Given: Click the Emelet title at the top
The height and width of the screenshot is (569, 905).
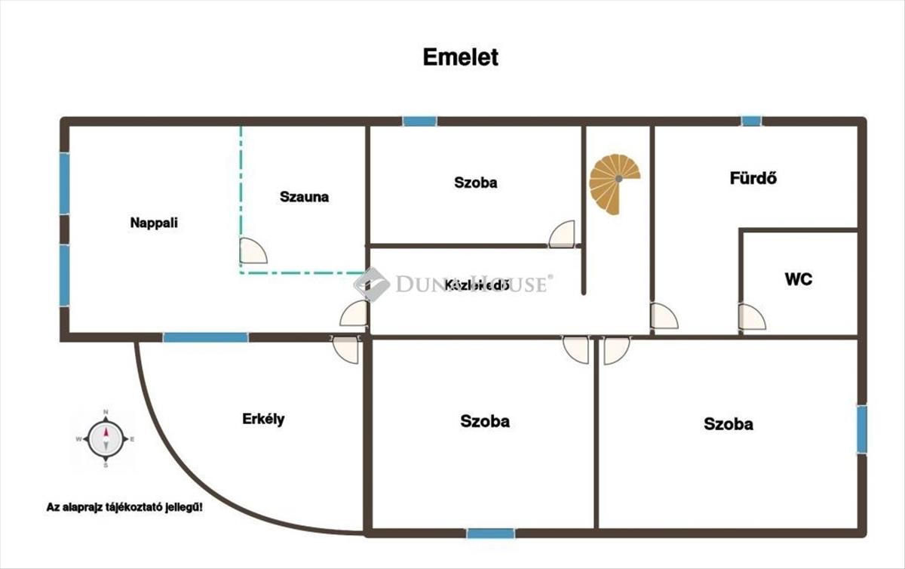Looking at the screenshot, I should (x=460, y=57).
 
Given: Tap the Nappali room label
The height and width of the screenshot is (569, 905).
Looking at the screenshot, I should (x=154, y=223).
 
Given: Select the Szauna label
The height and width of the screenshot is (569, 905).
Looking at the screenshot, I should (x=304, y=197).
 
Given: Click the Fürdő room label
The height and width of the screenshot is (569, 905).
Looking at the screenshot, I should (x=753, y=179).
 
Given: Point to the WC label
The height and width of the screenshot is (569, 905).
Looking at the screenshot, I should (x=799, y=279).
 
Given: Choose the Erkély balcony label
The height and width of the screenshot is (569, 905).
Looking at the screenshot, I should (x=263, y=420).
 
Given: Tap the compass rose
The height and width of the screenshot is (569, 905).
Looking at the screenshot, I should (x=106, y=438).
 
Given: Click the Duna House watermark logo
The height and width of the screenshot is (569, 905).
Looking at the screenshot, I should (x=372, y=284).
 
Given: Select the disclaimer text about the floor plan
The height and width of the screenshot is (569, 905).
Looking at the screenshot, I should (x=124, y=507).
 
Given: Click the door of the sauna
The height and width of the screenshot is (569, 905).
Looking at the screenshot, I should (x=253, y=251).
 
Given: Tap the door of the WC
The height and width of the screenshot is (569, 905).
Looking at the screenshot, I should (x=751, y=317).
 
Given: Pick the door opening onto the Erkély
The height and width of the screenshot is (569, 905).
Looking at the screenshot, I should (x=346, y=349).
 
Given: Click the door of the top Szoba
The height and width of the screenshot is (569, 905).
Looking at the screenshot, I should (x=563, y=234).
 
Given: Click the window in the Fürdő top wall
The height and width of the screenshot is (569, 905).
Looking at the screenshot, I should (x=750, y=121).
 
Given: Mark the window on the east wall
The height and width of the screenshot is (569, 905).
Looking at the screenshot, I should (x=861, y=429).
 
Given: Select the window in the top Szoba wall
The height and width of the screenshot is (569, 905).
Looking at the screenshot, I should (x=419, y=121).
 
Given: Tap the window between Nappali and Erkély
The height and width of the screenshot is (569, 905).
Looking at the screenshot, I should (x=205, y=337).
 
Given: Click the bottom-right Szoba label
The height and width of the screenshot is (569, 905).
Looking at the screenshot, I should (x=728, y=424).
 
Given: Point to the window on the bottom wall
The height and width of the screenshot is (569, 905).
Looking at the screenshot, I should (x=490, y=534).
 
